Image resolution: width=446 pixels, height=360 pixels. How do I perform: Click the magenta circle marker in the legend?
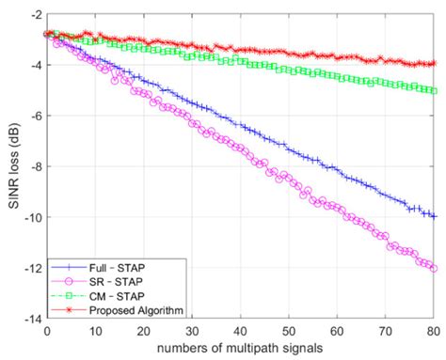(68, 281)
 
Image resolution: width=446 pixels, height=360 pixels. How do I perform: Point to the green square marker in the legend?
(68, 294)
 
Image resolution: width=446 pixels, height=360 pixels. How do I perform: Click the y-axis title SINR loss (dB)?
(12, 166)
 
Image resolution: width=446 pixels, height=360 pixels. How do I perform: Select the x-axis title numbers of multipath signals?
(240, 349)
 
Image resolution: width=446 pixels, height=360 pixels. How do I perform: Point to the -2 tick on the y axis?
(36, 15)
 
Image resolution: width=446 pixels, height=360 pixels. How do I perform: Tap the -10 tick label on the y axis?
(33, 217)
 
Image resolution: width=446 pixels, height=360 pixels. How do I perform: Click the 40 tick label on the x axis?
(240, 330)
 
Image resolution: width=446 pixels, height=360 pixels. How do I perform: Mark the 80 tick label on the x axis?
(433, 330)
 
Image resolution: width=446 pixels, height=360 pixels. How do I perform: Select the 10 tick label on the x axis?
(95, 330)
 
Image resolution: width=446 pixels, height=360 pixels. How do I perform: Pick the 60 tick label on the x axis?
(337, 330)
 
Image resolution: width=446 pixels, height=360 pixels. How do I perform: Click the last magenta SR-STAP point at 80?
(433, 268)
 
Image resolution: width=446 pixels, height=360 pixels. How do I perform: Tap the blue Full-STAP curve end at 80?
(433, 216)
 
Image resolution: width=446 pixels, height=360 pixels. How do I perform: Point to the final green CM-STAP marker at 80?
(433, 91)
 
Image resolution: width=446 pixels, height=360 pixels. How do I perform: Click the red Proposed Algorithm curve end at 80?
(433, 63)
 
